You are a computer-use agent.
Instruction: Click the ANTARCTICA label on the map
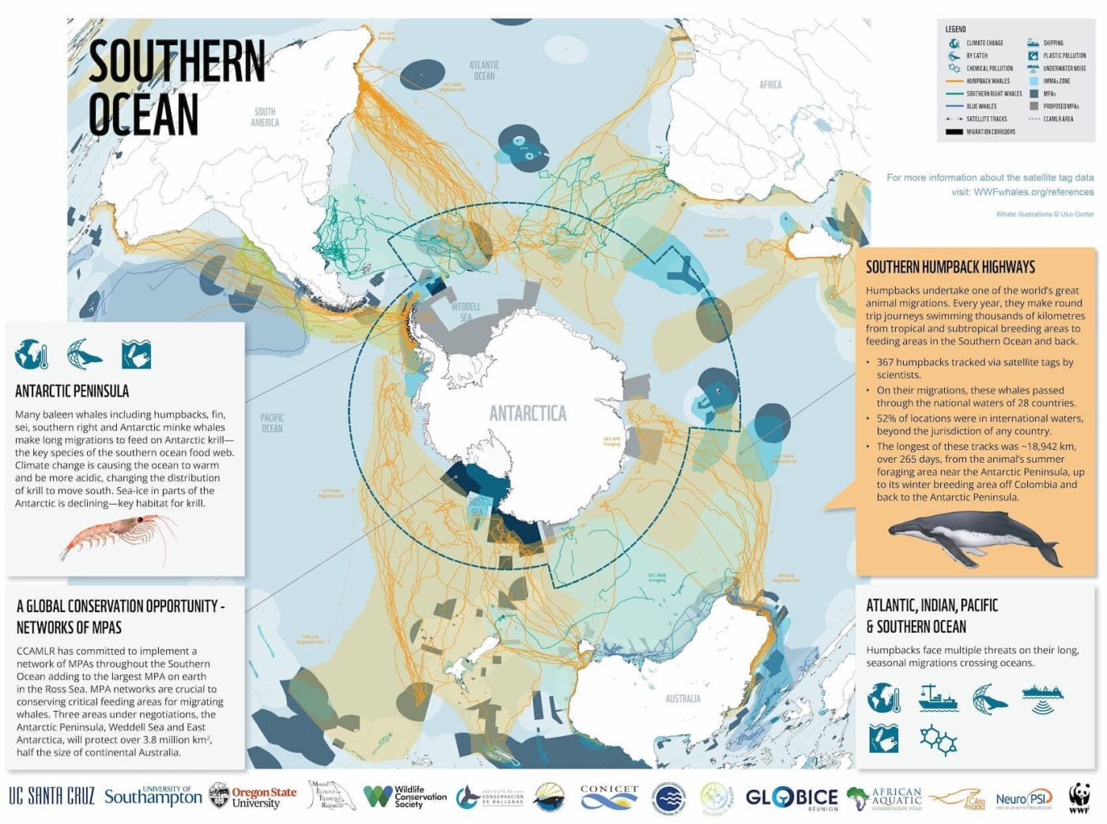527,413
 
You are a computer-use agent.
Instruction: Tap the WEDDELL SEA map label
466,312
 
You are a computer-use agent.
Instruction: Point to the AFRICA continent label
770,85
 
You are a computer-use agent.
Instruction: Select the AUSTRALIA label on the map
682,698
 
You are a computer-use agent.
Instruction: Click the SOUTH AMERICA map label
265,117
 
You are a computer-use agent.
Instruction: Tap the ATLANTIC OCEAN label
484,70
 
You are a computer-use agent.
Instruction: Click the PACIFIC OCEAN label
272,422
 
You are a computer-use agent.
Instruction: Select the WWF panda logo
1079,797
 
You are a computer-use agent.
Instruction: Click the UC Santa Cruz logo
51,796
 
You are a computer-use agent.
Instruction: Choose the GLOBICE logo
791,797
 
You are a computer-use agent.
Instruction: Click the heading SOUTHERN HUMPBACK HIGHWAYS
950,267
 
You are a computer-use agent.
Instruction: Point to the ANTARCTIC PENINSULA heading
72,391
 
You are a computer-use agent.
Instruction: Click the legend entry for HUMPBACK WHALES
988,81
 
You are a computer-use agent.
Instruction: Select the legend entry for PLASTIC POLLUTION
1064,55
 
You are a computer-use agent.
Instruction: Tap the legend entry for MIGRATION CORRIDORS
990,131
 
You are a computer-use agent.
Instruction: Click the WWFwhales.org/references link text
1033,191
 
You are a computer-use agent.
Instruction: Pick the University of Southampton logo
153,796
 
